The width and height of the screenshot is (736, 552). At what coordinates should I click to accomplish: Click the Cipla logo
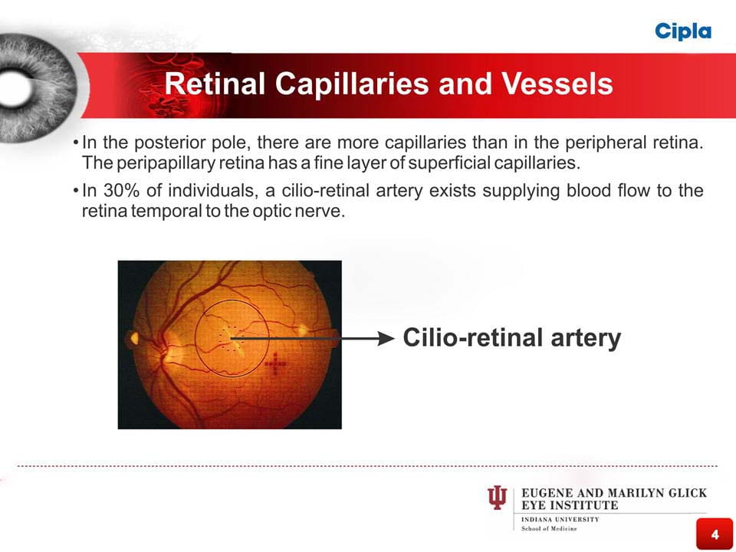coord(683,31)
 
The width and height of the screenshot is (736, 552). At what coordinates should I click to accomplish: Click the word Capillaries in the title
coord(352,84)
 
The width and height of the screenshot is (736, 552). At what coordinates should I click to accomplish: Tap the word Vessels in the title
coord(557,84)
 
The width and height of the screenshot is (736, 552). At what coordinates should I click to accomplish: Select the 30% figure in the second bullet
coord(122,191)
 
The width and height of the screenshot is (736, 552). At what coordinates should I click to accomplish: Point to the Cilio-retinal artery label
coord(511,338)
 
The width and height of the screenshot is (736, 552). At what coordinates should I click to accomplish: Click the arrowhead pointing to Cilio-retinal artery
coord(386,338)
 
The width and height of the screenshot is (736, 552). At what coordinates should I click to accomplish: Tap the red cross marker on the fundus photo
coord(275,364)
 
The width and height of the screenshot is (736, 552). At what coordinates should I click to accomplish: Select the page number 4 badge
coord(715,534)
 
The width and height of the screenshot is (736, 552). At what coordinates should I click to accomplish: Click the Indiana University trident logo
coord(497,498)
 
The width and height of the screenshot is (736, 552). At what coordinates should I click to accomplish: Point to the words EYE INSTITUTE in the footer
coord(570,505)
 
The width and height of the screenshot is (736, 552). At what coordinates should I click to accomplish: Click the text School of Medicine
coord(549,528)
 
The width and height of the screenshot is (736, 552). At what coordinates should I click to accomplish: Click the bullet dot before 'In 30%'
coord(76,191)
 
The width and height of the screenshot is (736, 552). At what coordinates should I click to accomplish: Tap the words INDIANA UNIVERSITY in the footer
coord(560,520)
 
